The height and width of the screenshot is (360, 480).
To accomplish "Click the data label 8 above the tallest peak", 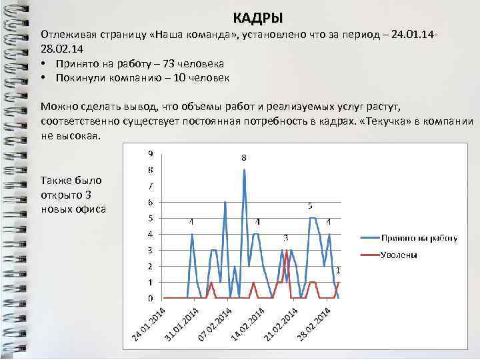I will (x=244, y=158).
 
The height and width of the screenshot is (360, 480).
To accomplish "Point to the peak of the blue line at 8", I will (x=245, y=170).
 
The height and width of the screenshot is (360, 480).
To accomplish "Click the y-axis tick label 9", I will (x=150, y=153).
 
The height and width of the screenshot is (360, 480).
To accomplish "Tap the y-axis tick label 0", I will (x=150, y=298).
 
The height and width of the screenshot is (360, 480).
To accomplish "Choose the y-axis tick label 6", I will (x=150, y=202).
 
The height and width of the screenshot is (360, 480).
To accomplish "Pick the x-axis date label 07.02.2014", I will (x=215, y=324).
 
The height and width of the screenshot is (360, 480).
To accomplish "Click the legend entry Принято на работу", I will (x=419, y=237).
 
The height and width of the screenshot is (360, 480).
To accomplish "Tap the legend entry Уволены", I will (x=399, y=255).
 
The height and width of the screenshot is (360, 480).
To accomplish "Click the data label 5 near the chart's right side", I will (x=311, y=207).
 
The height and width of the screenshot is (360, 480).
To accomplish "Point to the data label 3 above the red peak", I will (x=286, y=238).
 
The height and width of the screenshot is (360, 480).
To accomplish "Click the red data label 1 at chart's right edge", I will (x=338, y=271).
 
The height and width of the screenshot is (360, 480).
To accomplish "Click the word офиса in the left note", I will (x=92, y=208).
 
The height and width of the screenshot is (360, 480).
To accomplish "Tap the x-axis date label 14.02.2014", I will (x=248, y=324).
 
